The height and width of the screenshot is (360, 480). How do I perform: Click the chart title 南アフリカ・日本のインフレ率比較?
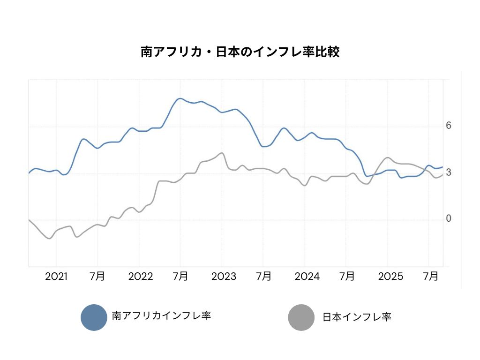click(240, 52)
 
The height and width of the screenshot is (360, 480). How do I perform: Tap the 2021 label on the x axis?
click(56, 276)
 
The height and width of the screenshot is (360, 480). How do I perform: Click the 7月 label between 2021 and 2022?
click(97, 276)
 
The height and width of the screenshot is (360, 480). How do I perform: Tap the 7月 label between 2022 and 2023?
click(180, 276)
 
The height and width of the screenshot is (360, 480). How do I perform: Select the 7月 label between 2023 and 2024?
click(264, 276)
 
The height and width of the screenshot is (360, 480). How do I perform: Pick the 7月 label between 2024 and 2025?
click(347, 276)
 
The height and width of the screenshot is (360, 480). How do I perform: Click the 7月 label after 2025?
click(431, 276)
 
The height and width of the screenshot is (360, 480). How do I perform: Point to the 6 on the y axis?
click(449, 126)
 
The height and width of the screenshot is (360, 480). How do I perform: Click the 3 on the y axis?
click(449, 172)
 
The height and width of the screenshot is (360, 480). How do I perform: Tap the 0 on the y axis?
click(449, 219)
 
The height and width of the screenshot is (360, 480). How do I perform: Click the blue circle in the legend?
click(94, 317)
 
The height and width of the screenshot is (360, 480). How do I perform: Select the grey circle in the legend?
click(301, 317)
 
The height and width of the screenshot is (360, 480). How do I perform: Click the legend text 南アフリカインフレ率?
click(161, 315)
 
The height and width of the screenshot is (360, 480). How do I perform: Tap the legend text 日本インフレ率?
click(357, 317)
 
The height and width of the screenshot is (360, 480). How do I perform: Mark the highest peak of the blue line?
click(180, 98)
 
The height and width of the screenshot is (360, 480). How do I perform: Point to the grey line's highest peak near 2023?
click(222, 153)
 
